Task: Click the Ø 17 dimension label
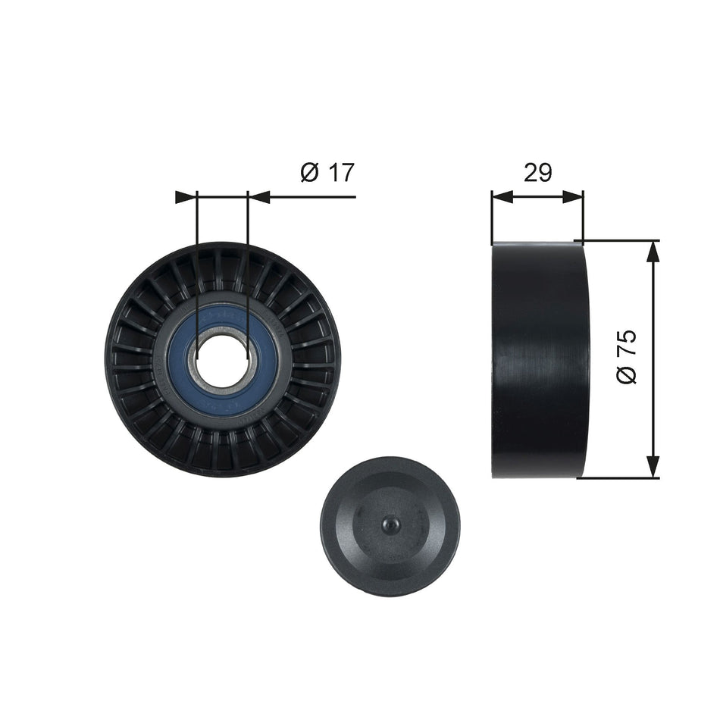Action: pos(327,173)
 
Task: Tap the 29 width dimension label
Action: pos(537,173)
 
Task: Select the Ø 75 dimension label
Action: pos(627,356)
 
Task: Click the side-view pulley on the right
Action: pos(540,360)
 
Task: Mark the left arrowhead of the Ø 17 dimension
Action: pos(186,197)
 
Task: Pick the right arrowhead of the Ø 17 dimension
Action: pos(259,197)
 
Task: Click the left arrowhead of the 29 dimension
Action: pos(502,197)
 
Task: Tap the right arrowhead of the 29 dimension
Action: pos(574,197)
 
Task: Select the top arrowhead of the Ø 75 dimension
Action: pos(652,252)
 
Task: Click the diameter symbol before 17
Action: pos(309,173)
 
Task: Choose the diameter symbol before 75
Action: pos(627,374)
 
